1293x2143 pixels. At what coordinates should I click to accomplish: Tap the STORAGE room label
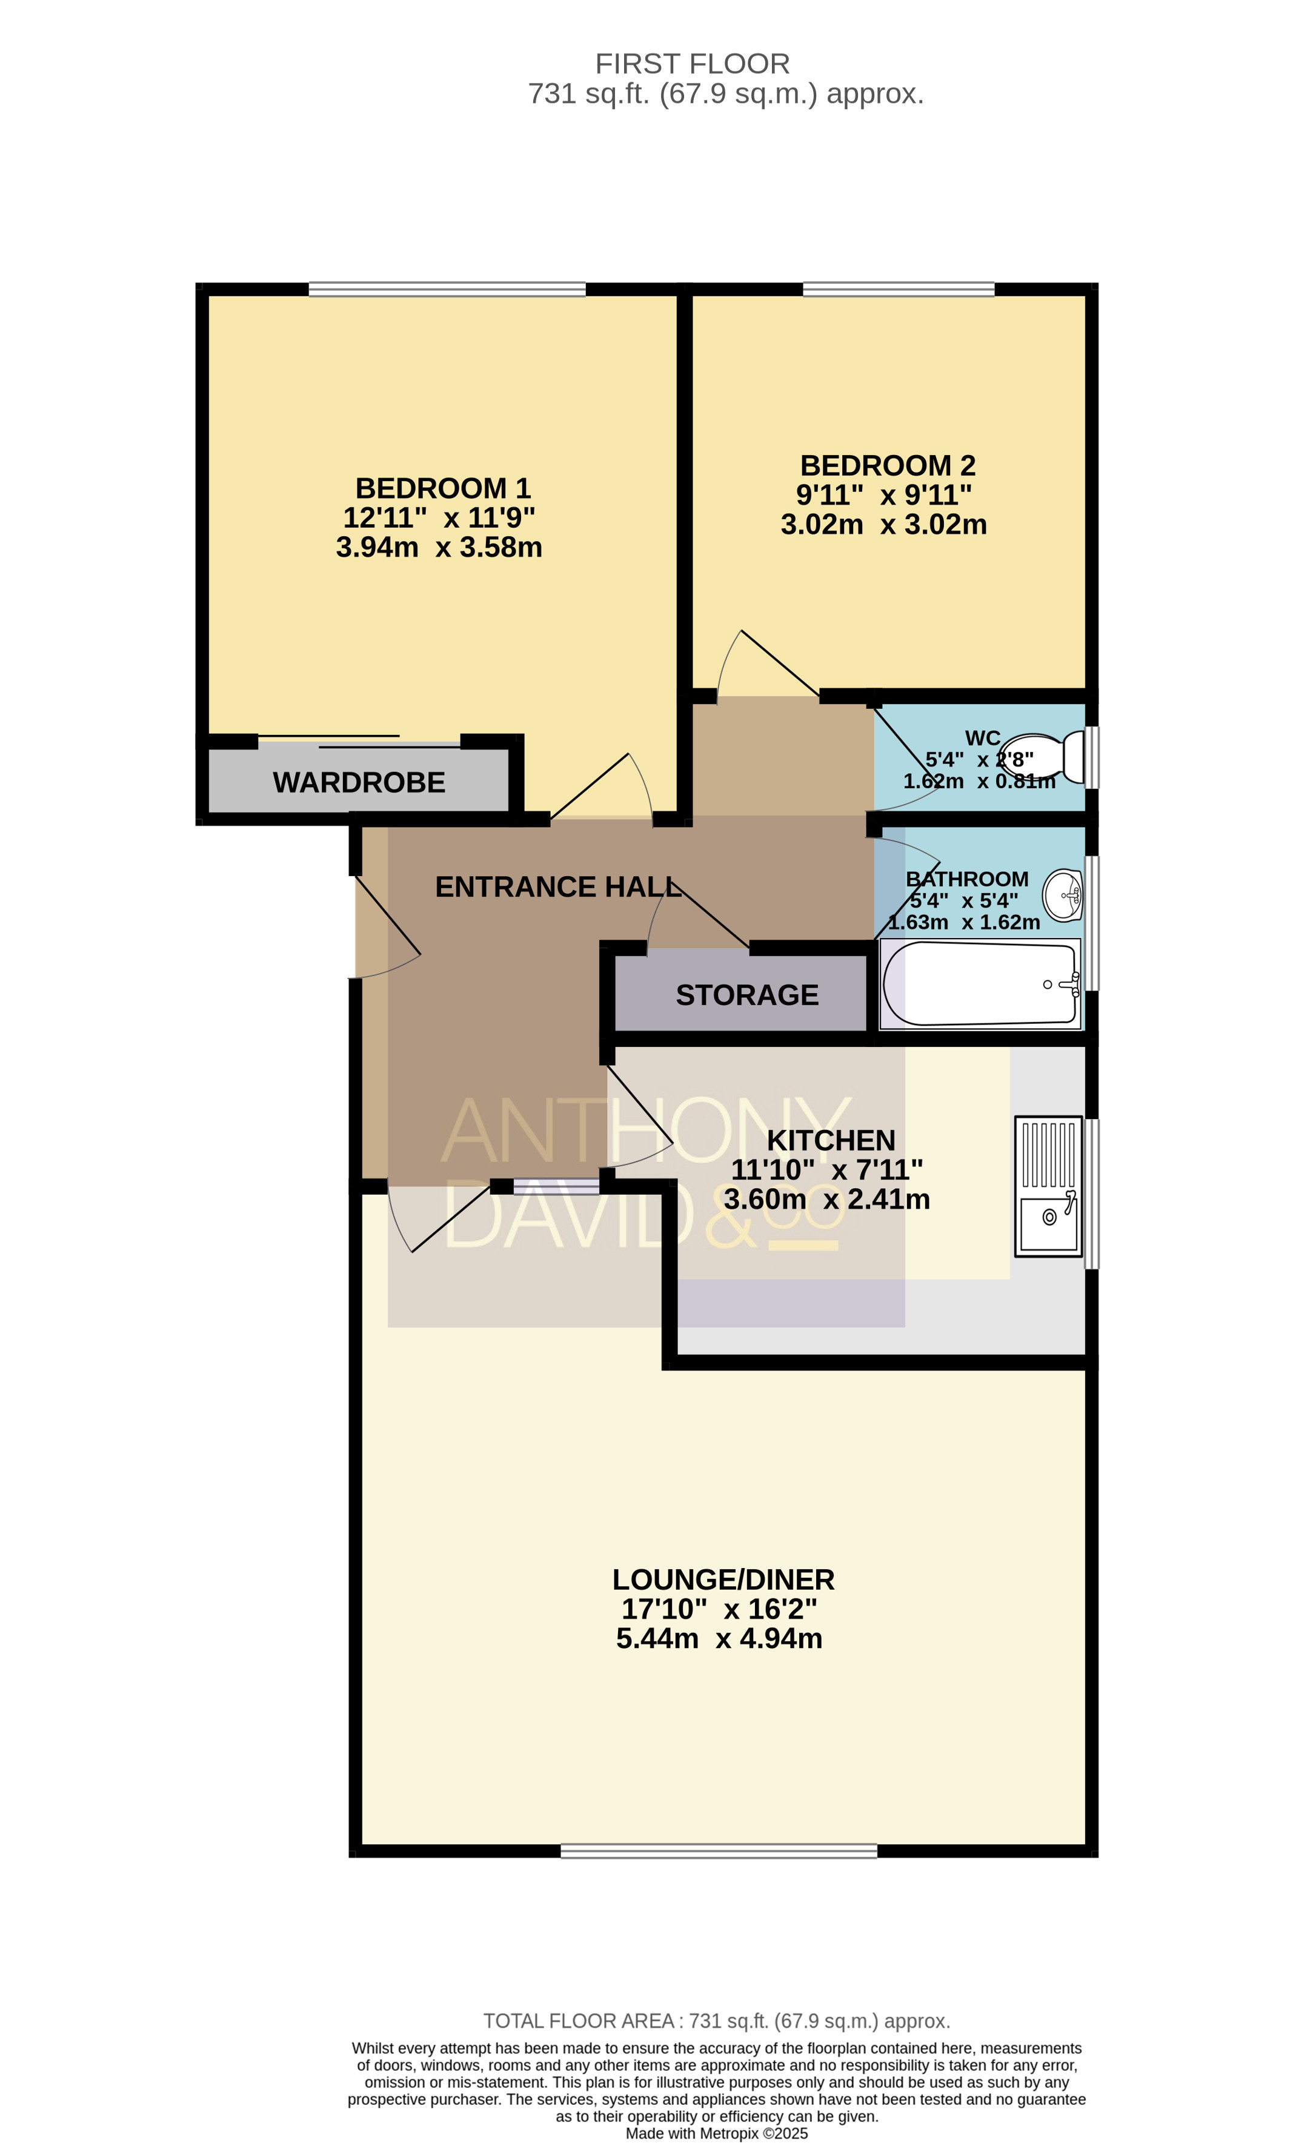point(747,995)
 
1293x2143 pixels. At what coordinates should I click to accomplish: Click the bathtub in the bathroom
point(980,984)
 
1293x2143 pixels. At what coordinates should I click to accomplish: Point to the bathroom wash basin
point(1063,895)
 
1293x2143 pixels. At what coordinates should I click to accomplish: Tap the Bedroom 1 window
point(447,289)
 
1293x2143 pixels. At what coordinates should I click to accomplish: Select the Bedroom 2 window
point(898,289)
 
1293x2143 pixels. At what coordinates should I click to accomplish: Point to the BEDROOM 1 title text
point(442,488)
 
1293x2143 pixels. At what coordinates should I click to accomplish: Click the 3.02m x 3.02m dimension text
point(883,525)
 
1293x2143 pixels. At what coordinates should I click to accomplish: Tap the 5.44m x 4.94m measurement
point(719,1638)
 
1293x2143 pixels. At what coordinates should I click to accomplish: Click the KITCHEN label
point(831,1140)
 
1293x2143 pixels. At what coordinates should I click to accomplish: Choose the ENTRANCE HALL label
point(558,886)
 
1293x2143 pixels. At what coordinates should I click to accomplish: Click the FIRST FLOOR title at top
point(692,64)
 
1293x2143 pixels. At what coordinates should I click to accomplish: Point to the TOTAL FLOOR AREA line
point(717,2021)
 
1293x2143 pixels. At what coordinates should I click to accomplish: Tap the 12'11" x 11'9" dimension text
point(439,517)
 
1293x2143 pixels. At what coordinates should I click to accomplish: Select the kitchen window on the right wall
point(1092,1193)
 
